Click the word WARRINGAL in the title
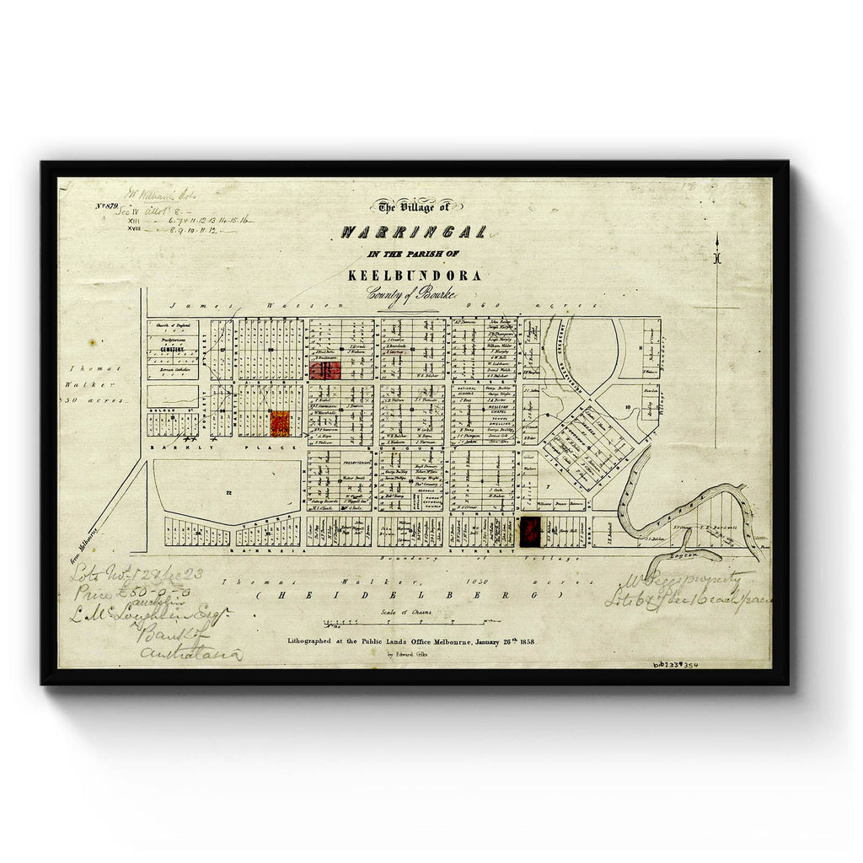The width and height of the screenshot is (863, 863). (x=413, y=233)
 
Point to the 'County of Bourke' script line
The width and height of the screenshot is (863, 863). (x=411, y=293)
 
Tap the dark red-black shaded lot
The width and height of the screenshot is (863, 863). (x=531, y=531)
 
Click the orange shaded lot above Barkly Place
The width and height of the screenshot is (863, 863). (x=280, y=423)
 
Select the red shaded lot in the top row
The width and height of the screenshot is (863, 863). (x=324, y=370)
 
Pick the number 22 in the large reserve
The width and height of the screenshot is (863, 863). (x=228, y=490)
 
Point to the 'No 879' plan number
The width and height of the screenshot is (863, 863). (x=107, y=206)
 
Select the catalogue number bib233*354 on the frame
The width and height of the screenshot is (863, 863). (x=674, y=665)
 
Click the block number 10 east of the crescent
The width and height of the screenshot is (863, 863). (x=628, y=407)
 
